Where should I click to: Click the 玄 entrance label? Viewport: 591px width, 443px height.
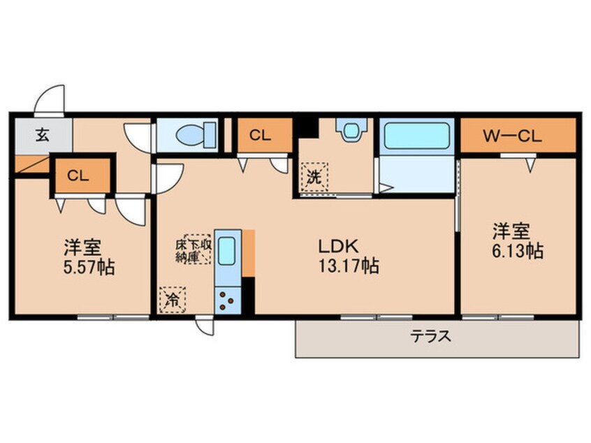coord(43,136)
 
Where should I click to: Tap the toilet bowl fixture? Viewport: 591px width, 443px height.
coord(196,134)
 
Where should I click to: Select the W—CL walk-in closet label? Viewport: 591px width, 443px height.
coord(513,136)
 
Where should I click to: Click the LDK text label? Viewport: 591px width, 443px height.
coord(338,247)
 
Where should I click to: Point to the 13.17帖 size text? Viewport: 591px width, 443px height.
coord(349,266)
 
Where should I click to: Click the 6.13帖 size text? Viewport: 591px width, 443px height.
coord(518,251)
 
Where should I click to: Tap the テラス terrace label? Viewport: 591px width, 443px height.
coord(431,335)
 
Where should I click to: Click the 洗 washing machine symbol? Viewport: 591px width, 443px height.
coord(314,177)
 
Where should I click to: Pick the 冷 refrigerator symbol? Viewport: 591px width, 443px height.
coord(173,300)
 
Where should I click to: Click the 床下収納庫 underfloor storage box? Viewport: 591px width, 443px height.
coord(194,249)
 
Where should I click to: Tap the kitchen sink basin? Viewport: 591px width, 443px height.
coord(227,251)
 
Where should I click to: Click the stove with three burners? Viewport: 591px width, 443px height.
coord(228,300)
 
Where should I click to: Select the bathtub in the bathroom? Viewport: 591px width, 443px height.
coord(416,136)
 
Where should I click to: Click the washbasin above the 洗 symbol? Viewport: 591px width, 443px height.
coord(351,130)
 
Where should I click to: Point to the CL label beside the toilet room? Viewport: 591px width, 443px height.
coord(260,136)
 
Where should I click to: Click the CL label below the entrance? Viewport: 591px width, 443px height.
coord(78,175)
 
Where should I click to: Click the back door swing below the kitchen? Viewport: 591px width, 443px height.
coord(204,326)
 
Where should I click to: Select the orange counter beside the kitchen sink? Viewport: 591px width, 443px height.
coord(249,253)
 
